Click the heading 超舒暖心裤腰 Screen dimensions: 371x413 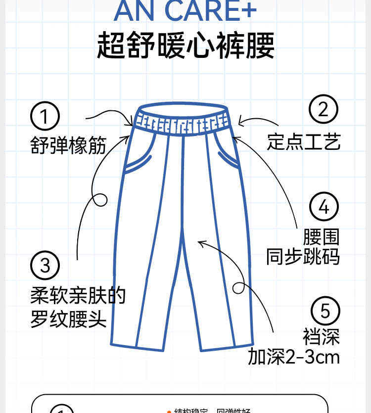185,46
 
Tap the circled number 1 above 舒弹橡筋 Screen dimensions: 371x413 45,117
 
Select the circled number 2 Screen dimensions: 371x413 323,109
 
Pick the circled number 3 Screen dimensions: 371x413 45,265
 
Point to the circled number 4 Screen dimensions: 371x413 324,207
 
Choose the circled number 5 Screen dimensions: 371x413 325,311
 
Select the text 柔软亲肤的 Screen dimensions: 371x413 78,296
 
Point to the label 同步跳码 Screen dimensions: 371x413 303,257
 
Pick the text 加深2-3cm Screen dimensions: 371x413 294,357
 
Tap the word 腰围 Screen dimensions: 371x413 322,237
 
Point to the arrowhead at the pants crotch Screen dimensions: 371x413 200,242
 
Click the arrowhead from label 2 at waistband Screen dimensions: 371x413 240,122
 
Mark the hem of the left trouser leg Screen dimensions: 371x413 137,346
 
